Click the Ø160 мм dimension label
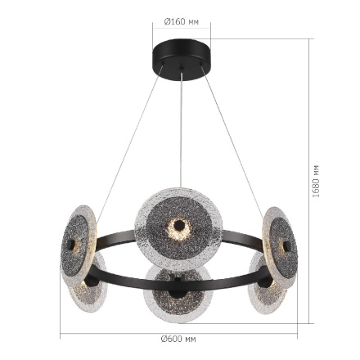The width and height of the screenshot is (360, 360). [182, 22]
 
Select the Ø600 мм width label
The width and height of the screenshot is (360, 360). [178, 337]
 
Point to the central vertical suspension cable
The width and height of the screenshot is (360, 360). [181, 131]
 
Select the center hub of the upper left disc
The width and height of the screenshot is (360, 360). [71, 245]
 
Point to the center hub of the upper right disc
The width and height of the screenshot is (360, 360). [285, 245]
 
